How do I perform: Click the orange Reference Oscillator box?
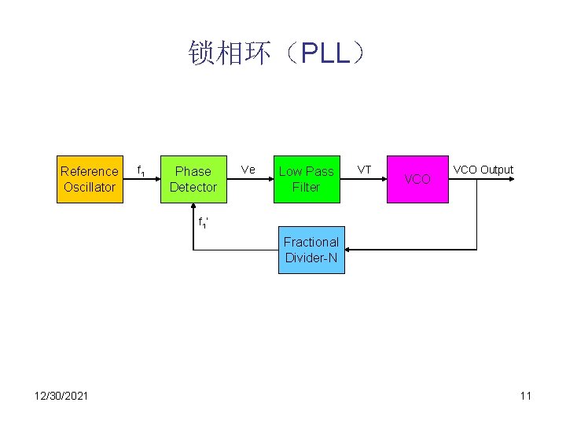(90, 179)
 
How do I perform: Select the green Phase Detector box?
(193, 179)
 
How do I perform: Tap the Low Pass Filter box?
(306, 179)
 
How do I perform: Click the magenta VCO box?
(417, 179)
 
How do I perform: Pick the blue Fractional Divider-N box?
(311, 250)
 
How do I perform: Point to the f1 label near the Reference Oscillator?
(141, 170)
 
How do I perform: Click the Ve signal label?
(248, 170)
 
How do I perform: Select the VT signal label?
(365, 170)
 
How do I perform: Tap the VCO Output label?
(483, 170)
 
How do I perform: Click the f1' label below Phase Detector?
(203, 223)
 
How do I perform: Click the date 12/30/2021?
(61, 395)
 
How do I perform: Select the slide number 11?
(525, 395)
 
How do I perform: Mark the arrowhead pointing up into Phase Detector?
(193, 208)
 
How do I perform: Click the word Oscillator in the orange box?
(90, 187)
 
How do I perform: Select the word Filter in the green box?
(306, 187)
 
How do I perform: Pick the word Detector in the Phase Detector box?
(193, 187)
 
